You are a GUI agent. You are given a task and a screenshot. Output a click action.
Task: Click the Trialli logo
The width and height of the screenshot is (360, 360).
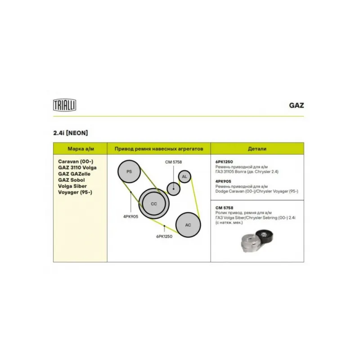[64, 105]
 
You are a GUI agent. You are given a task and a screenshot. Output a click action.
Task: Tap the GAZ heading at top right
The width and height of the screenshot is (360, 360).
[297, 105]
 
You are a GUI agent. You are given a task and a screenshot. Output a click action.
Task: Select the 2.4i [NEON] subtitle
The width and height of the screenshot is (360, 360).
[71, 133]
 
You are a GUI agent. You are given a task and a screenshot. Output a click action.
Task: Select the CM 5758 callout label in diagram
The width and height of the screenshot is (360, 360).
[173, 162]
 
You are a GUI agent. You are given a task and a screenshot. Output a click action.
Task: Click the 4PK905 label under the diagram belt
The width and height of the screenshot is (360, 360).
[130, 216]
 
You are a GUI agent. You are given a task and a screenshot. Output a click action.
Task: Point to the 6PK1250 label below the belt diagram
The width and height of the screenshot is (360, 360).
[164, 237]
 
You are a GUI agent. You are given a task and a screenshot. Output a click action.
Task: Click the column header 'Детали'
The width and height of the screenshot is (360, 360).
[257, 149]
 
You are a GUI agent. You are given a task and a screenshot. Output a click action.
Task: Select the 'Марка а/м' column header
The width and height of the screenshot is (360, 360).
[81, 149]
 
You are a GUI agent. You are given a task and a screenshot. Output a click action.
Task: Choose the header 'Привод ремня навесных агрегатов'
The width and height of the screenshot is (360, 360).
[159, 149]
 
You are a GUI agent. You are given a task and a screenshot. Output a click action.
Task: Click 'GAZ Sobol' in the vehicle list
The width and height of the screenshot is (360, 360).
[72, 180]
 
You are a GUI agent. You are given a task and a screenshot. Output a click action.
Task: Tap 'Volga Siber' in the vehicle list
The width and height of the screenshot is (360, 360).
[72, 186]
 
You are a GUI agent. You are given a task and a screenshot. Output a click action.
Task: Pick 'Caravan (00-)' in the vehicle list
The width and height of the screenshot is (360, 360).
[76, 162]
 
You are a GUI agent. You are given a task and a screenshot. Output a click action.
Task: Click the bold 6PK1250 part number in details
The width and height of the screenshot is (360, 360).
[224, 162]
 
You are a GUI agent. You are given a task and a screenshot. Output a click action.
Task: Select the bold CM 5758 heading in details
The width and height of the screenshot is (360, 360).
[224, 208]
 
